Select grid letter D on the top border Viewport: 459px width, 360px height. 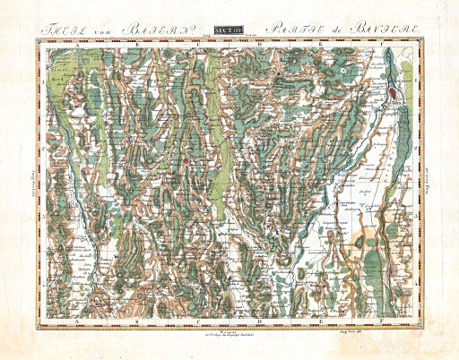coord(260,41)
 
